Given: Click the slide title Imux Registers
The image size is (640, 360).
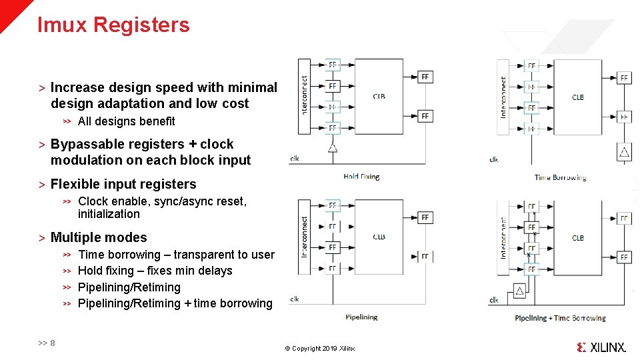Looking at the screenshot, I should click(113, 25).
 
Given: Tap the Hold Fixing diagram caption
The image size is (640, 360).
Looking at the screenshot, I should click(361, 177).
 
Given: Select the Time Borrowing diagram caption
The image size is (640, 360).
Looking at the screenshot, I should click(560, 177).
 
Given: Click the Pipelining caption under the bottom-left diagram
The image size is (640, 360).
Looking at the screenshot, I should click(361, 317).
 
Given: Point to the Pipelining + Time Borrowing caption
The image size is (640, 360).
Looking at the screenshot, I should click(560, 318).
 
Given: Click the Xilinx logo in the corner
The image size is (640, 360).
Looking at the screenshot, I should click(601, 347).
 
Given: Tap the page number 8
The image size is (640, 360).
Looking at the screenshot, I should click(52, 343).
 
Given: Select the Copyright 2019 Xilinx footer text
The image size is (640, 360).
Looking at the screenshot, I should click(320, 349).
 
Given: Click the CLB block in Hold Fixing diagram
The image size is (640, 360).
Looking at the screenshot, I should click(378, 97).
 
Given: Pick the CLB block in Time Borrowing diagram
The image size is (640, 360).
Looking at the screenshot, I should click(578, 97).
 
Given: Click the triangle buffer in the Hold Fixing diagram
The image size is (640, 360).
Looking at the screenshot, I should click(332, 147).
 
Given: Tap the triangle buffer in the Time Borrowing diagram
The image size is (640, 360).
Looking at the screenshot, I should click(624, 152).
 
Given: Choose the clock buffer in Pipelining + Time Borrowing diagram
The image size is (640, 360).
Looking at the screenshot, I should click(519, 290).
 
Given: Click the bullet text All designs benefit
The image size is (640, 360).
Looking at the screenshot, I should click(126, 121).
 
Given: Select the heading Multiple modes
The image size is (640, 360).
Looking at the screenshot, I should click(99, 237).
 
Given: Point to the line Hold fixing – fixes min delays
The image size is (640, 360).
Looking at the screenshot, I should click(155, 271).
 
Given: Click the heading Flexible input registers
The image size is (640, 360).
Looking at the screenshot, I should click(123, 184).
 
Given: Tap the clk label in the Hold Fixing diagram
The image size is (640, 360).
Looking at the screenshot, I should click(295, 159).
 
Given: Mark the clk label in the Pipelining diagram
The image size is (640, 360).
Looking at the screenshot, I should click(295, 299).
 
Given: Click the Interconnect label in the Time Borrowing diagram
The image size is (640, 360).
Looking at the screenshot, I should click(503, 97).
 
